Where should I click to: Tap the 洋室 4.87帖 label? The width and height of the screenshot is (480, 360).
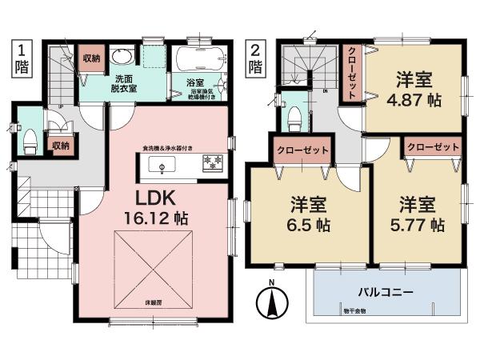tap(414, 90)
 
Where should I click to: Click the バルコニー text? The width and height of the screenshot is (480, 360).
tap(386, 293)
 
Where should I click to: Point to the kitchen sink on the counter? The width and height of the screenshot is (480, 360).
tap(162, 166)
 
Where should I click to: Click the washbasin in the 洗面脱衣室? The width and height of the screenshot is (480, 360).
tap(121, 57)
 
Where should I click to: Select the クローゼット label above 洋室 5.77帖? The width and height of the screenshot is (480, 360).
tap(432, 147)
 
